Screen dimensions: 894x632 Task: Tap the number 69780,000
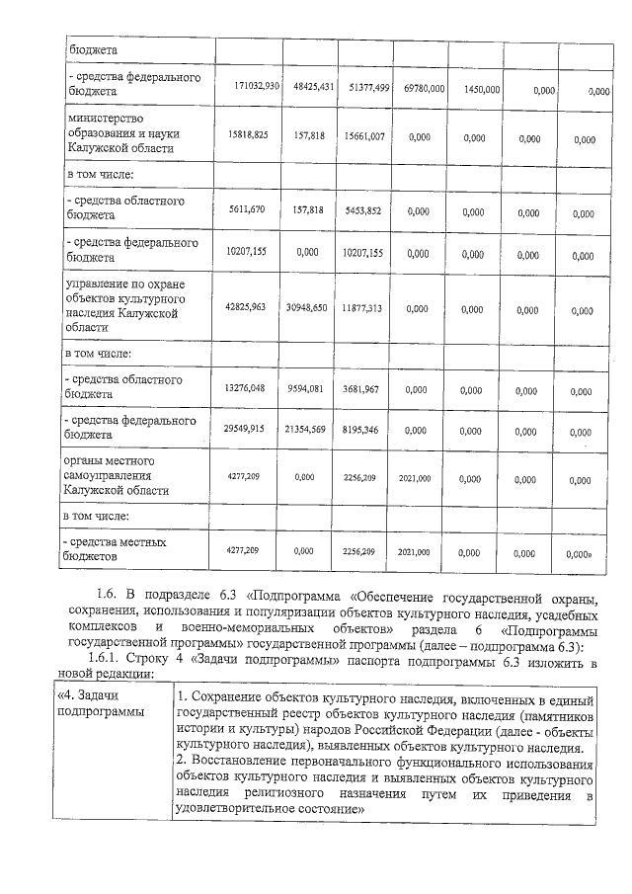(x=424, y=89)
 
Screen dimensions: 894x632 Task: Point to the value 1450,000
(x=480, y=90)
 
